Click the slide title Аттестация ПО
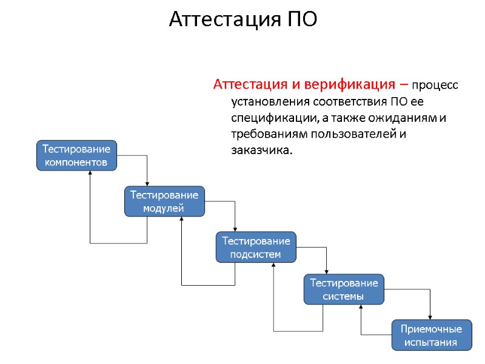tap(242, 19)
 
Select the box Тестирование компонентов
tap(76, 155)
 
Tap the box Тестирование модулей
tap(164, 201)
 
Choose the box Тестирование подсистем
tap(256, 247)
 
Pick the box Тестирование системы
tap(344, 289)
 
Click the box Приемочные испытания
tap(431, 335)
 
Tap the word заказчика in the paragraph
tap(261, 149)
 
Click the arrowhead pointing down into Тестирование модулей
tap(147, 183)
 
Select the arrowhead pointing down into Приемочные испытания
tap(430, 317)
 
